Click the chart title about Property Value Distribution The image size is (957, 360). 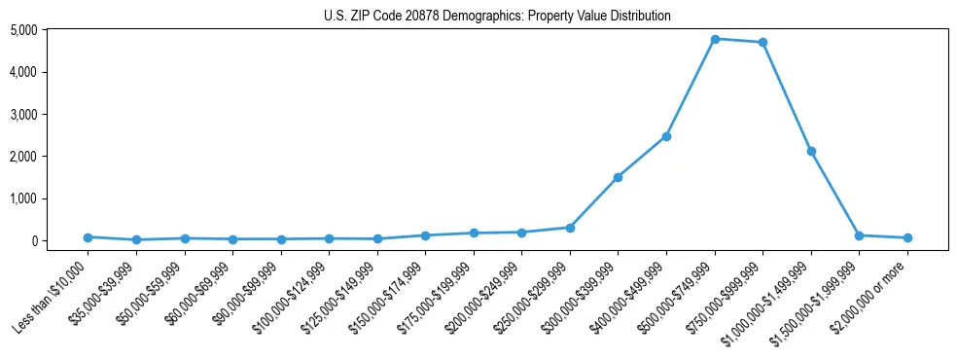coord(497,16)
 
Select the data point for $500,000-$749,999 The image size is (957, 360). coord(715,39)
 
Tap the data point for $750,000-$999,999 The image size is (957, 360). coord(762,43)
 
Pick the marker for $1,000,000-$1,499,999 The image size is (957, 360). coord(811,152)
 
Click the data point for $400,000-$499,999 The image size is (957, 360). coord(666,136)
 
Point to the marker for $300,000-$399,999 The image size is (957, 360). coord(618,177)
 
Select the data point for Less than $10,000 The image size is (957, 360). coord(88,237)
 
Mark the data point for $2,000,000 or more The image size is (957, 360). coord(907,237)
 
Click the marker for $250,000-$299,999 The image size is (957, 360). coord(570,228)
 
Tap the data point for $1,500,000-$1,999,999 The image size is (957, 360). coord(859,235)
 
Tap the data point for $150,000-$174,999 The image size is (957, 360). coord(425,235)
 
